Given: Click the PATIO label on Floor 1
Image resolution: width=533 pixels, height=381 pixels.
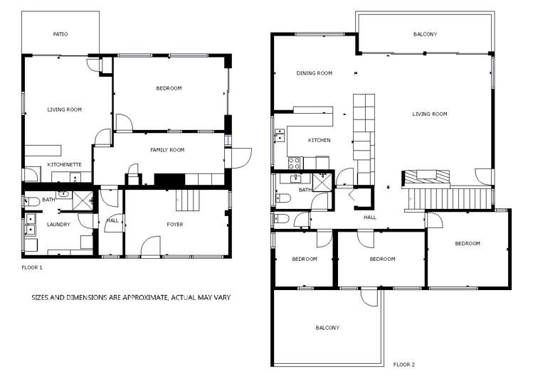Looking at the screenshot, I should (60, 34).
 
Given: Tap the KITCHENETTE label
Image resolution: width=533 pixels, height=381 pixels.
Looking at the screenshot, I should (64, 164).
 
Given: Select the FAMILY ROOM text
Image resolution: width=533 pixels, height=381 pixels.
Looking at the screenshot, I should (167, 150).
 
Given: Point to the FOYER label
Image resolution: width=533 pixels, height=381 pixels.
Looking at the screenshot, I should (174, 225).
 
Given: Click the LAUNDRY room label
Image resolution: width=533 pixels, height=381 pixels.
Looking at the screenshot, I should (58, 225).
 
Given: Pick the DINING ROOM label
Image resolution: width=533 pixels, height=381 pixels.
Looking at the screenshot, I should (314, 73).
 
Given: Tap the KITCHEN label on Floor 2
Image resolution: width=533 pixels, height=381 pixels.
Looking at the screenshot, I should (319, 140).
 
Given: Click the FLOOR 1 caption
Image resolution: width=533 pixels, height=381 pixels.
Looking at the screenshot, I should (33, 267).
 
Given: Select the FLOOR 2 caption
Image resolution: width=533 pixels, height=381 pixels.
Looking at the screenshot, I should (403, 364).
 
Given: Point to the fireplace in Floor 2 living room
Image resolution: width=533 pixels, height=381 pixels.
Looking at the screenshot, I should (426, 176).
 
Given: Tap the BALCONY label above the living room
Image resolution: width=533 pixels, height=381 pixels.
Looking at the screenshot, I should (425, 34).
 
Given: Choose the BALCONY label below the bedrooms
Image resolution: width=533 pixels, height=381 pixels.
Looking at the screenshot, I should (327, 328).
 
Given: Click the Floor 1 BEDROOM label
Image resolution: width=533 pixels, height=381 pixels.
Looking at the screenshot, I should (169, 88).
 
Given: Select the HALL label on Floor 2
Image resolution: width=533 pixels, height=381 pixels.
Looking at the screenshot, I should (370, 218).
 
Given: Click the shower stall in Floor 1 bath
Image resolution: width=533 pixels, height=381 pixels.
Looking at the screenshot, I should (83, 199).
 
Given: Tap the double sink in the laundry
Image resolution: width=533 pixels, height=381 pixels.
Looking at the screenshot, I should (31, 229).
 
